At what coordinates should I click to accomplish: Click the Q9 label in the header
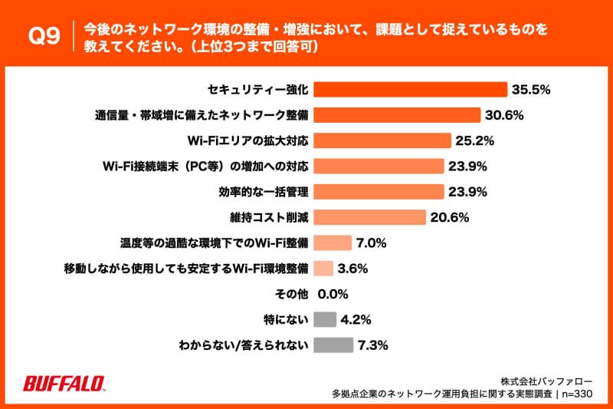coord(44,38)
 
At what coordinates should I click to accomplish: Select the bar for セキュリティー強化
coord(410,90)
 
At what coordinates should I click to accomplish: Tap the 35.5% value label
coord(532,90)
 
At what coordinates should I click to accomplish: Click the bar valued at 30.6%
coord(397,115)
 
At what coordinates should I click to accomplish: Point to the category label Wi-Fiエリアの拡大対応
coord(248,140)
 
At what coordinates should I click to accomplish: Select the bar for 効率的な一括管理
coord(379,191)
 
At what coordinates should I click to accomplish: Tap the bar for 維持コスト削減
coord(369,217)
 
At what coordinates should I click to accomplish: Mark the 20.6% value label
coord(449,217)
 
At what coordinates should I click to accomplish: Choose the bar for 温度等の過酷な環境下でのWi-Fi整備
coord(333,242)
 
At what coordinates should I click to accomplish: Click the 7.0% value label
coord(371,242)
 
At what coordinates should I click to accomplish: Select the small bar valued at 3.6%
coord(323,268)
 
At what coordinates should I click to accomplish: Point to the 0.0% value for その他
coord(333,293)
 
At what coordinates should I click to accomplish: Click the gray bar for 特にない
coord(325,318)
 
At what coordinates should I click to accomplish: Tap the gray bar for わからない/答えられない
coord(333,345)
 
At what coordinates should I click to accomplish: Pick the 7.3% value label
coord(372,345)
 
